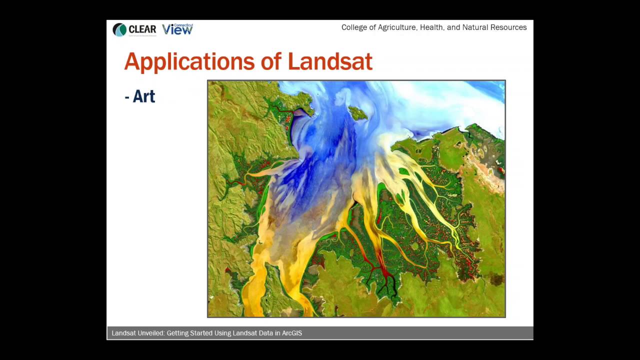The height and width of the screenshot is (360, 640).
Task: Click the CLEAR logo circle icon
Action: (119, 30)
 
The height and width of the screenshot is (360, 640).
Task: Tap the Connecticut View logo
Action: (177, 29)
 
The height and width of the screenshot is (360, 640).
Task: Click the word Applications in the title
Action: (189, 61)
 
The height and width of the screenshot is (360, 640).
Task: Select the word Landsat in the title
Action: (329, 61)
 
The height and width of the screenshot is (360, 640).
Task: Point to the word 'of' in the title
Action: (270, 61)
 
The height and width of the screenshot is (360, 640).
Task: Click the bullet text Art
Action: (143, 96)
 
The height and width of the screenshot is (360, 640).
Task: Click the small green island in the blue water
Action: (357, 113)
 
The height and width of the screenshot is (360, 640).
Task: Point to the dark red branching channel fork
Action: (384, 272)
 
